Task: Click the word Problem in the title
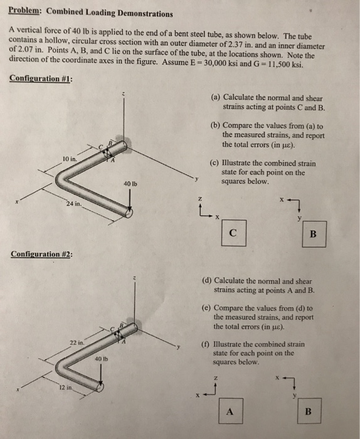tap(24, 13)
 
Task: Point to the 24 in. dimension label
tap(73, 204)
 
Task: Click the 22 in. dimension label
tap(76, 343)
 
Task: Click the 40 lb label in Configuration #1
tap(130, 184)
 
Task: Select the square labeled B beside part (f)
tap(307, 411)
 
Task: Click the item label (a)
tap(215, 98)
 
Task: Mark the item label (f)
tap(205, 344)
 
